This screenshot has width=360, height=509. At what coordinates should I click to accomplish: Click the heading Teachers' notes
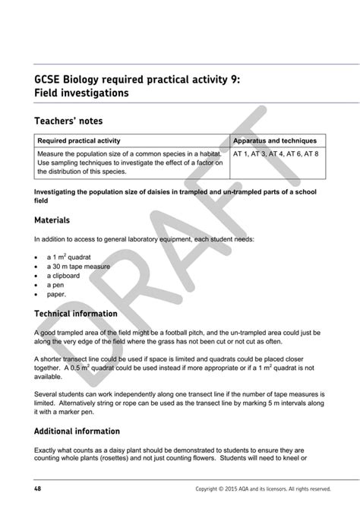click(x=68, y=121)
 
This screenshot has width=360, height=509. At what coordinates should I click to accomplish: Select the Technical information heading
click(x=76, y=313)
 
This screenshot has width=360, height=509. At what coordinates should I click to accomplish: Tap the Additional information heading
click(x=76, y=431)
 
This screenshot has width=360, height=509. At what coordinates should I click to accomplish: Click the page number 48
click(x=37, y=488)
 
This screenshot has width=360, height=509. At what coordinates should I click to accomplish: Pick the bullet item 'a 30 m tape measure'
click(x=75, y=267)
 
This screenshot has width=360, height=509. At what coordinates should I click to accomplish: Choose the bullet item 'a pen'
click(x=57, y=285)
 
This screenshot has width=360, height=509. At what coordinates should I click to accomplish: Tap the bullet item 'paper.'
click(x=57, y=294)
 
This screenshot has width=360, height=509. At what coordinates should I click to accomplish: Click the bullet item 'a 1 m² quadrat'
click(x=68, y=257)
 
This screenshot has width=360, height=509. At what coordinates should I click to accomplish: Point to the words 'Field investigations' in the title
click(x=81, y=93)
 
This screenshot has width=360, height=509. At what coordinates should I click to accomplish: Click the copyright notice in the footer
click(x=263, y=488)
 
